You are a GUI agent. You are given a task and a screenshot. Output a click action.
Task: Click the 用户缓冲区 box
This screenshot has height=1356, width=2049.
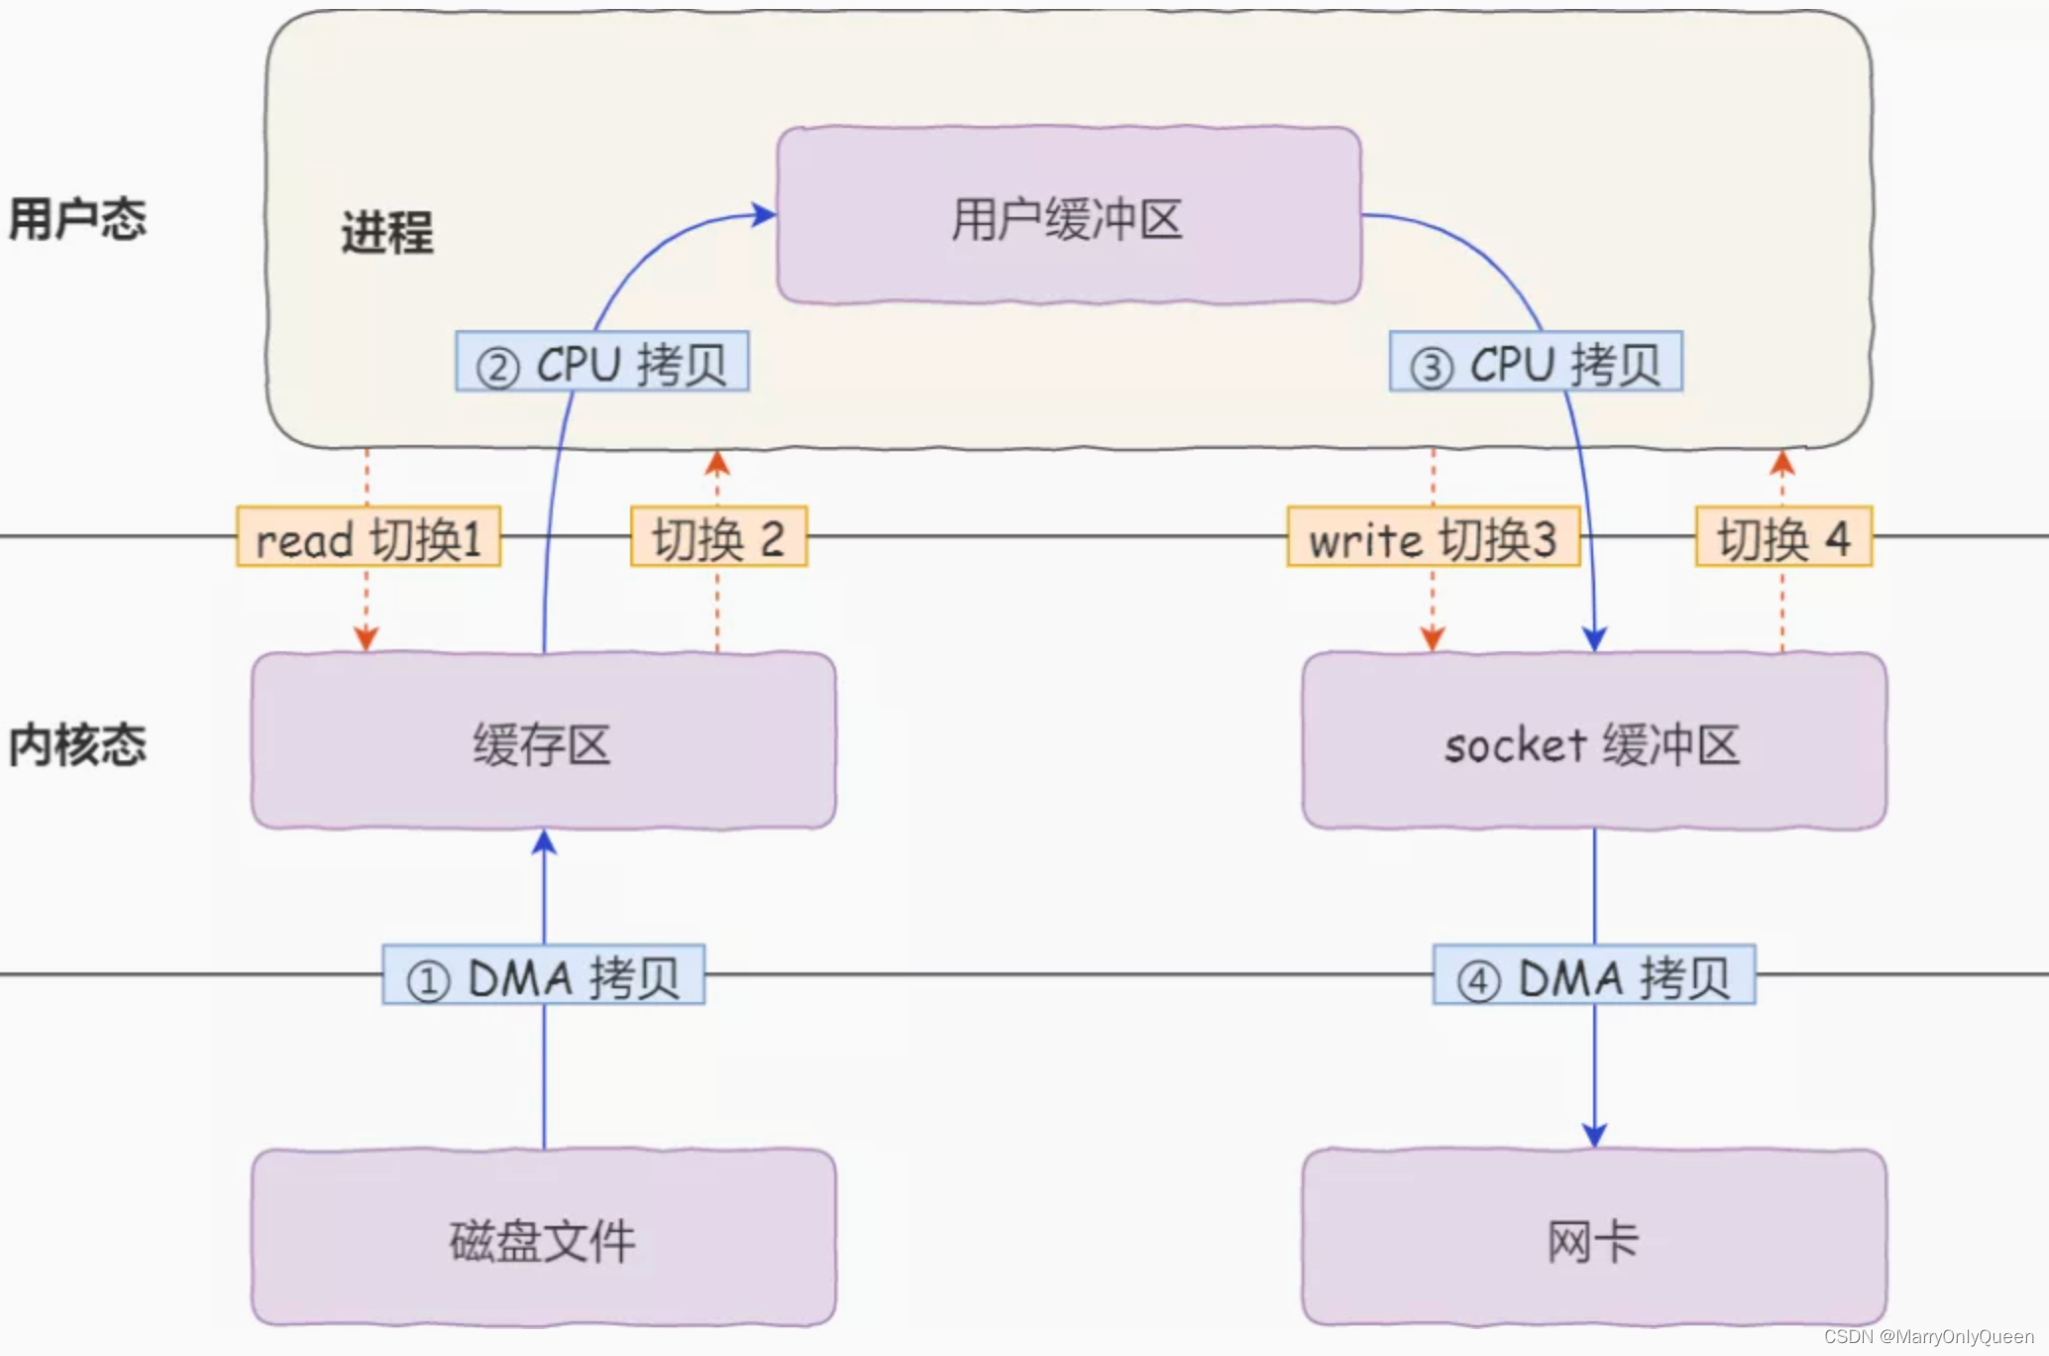pyautogui.click(x=1068, y=216)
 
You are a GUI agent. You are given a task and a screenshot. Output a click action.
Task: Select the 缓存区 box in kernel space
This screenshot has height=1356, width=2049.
pyautogui.click(x=543, y=741)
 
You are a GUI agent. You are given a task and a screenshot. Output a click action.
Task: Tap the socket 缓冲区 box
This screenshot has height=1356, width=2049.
pyautogui.click(x=1593, y=741)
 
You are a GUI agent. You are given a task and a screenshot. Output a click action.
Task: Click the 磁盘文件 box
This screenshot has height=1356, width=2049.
pyautogui.click(x=543, y=1239)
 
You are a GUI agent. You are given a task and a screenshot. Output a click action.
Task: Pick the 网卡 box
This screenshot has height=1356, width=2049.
pyautogui.click(x=1593, y=1239)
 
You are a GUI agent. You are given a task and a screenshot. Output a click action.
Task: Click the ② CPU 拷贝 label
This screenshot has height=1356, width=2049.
pyautogui.click(x=601, y=363)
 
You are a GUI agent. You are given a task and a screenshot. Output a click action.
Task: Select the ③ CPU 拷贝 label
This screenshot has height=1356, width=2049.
pyautogui.click(x=1536, y=363)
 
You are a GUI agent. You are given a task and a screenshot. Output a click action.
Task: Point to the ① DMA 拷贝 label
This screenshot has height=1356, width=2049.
pyautogui.click(x=543, y=976)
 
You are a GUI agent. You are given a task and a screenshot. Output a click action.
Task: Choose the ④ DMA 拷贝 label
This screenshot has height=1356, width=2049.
pyautogui.click(x=1593, y=976)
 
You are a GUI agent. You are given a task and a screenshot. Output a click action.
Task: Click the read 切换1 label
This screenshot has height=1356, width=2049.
pyautogui.click(x=369, y=538)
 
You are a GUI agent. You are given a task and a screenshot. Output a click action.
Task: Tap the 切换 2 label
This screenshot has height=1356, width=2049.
pyautogui.click(x=718, y=538)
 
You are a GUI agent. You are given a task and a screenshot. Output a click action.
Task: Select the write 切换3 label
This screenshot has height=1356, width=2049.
pyautogui.click(x=1433, y=538)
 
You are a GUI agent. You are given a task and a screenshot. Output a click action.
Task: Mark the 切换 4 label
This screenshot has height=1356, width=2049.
pyautogui.click(x=1783, y=538)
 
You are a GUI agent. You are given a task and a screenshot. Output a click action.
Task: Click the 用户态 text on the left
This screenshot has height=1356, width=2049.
pyautogui.click(x=77, y=218)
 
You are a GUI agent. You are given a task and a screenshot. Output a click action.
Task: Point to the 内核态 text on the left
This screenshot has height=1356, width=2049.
pyautogui.click(x=77, y=744)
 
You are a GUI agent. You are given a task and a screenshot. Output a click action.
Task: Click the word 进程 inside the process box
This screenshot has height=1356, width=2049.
pyautogui.click(x=386, y=233)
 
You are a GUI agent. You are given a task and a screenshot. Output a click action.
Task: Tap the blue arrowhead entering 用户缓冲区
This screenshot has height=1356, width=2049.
pyautogui.click(x=764, y=214)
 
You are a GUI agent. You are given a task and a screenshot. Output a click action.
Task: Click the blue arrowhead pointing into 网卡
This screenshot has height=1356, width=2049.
pyautogui.click(x=1594, y=1136)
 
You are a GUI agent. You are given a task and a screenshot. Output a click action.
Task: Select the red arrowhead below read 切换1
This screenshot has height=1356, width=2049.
pyautogui.click(x=367, y=639)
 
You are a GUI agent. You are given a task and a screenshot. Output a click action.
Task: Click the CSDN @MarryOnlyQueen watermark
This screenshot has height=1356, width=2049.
pyautogui.click(x=1928, y=1337)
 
